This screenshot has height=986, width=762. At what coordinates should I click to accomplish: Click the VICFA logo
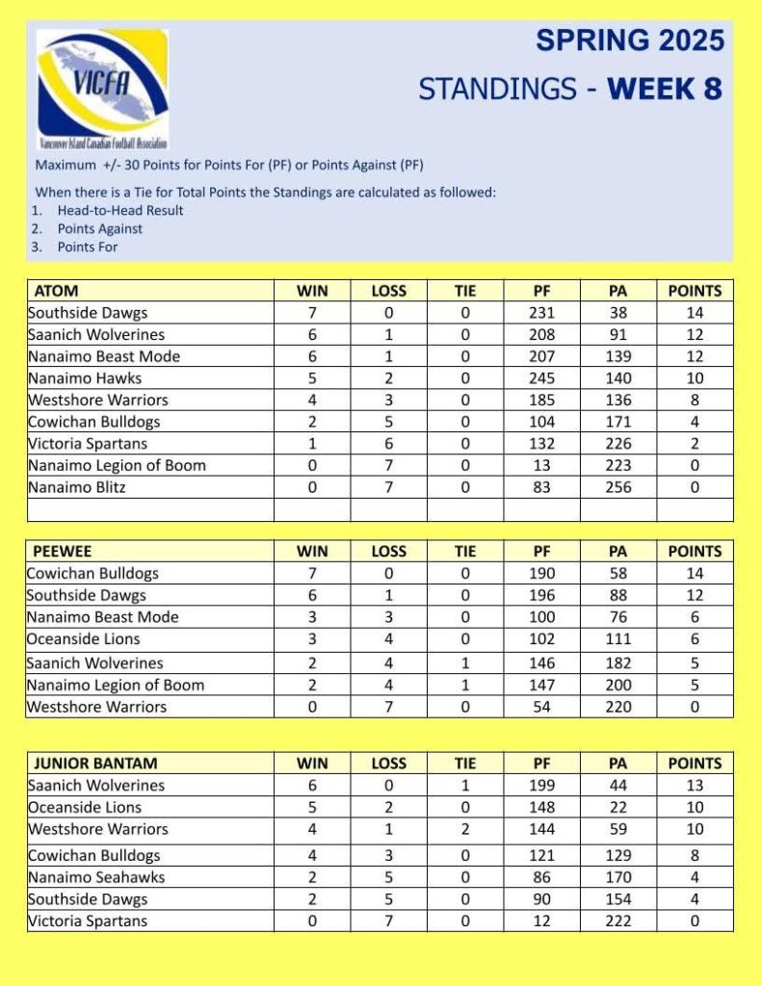(101, 89)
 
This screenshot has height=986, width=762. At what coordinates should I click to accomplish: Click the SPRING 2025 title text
(630, 40)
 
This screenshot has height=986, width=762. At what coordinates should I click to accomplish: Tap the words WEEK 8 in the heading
(665, 90)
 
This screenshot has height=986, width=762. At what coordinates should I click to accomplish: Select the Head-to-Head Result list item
(119, 210)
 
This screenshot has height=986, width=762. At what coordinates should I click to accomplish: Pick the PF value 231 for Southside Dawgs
(542, 313)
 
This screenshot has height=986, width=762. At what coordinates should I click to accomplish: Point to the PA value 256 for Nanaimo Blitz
(618, 487)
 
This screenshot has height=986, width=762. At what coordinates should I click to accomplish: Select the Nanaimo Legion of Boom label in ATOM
(117, 465)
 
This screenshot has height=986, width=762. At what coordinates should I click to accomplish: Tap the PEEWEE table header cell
(63, 552)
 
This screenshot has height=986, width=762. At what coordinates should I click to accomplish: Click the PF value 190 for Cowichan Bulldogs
(542, 573)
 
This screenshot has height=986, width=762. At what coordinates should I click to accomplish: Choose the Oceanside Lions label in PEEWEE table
(84, 638)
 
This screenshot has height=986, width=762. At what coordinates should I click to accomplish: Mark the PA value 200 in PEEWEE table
(618, 685)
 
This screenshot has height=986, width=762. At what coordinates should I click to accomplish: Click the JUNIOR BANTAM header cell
(90, 764)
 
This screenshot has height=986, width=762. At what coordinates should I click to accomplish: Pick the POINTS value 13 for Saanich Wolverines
(695, 785)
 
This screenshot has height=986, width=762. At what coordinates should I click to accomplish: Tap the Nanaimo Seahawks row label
(95, 877)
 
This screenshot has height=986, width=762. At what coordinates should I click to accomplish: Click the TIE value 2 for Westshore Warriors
(465, 829)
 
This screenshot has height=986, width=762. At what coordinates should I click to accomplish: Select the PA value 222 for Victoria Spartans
(618, 921)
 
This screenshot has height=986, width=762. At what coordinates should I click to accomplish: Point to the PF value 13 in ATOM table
(542, 465)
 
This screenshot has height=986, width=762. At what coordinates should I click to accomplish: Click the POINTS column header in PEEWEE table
(695, 552)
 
